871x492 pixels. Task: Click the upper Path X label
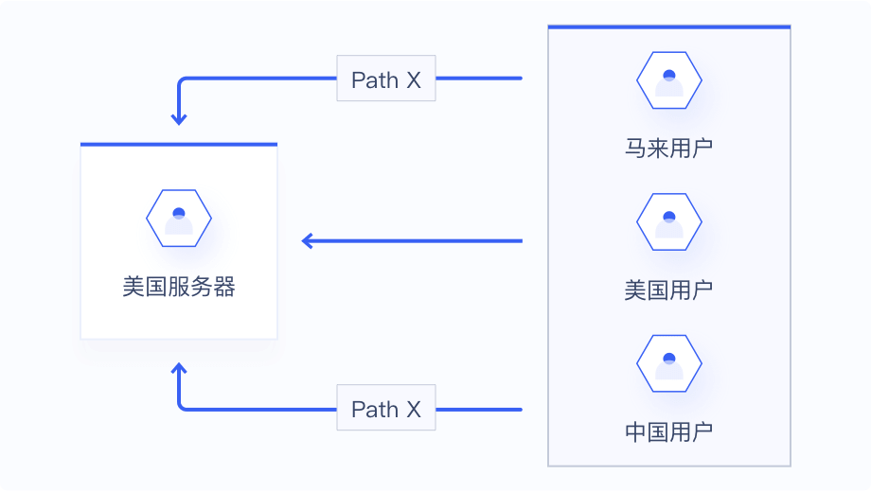pyautogui.click(x=386, y=79)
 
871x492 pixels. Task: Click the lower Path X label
pyautogui.click(x=386, y=409)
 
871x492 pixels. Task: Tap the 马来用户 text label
pyautogui.click(x=668, y=149)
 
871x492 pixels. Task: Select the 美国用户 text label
pyautogui.click(x=668, y=290)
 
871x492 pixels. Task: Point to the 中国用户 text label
pyautogui.click(x=668, y=432)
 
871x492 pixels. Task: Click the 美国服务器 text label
pyautogui.click(x=179, y=287)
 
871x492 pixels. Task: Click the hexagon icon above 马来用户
pyautogui.click(x=669, y=81)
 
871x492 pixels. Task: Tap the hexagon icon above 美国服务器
pyautogui.click(x=179, y=219)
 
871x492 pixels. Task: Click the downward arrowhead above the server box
pyautogui.click(x=179, y=119)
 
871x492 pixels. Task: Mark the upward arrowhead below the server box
pyautogui.click(x=179, y=369)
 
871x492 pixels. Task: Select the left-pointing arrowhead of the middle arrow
pyautogui.click(x=308, y=241)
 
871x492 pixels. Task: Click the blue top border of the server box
pyautogui.click(x=179, y=145)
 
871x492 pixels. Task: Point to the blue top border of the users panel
pyautogui.click(x=669, y=27)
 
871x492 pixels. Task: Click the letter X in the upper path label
pyautogui.click(x=414, y=79)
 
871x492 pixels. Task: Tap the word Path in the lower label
pyautogui.click(x=375, y=409)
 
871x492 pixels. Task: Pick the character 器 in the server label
pyautogui.click(x=224, y=287)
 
